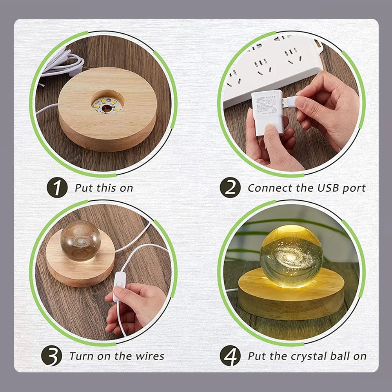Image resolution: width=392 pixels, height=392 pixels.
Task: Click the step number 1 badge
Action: (x=57, y=187)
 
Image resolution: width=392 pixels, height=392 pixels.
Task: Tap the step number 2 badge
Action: (x=230, y=187)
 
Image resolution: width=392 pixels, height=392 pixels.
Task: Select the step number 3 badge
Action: (x=51, y=356)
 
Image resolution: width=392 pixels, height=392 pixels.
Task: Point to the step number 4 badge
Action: (x=230, y=356)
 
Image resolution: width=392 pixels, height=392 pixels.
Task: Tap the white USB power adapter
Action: (x=267, y=113)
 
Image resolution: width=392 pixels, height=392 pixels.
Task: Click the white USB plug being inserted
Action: (x=292, y=102)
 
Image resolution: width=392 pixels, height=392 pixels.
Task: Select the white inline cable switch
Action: (x=119, y=286)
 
